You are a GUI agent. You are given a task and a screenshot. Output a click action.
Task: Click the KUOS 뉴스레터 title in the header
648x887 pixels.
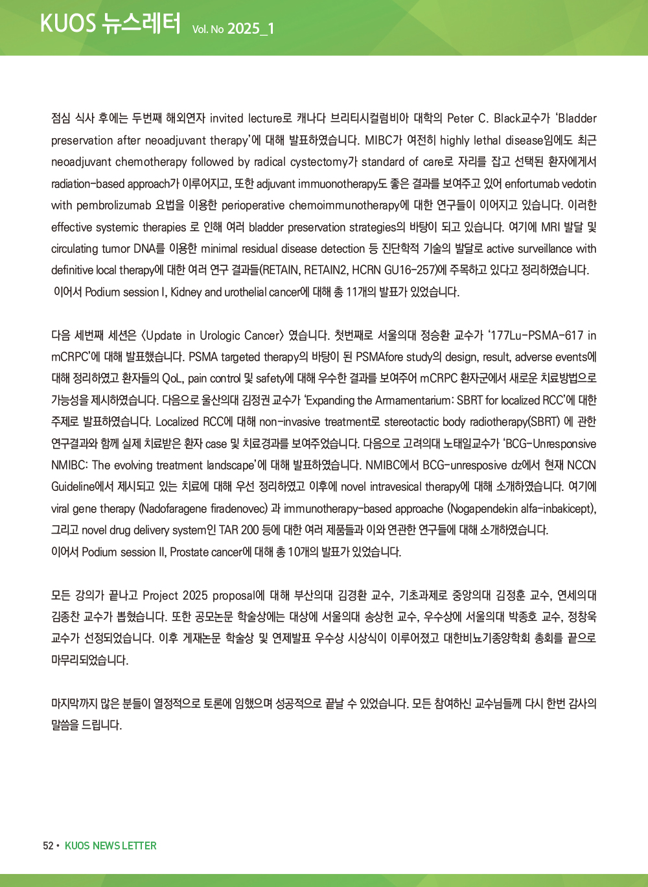(x=110, y=23)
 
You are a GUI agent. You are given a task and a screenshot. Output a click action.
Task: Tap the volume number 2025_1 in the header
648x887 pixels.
(x=251, y=29)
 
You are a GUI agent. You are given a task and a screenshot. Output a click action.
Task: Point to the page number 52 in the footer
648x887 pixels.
(x=48, y=846)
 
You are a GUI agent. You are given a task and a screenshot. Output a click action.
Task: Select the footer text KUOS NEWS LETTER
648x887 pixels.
(x=111, y=846)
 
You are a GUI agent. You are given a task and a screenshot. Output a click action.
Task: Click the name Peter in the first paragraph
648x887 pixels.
(x=460, y=119)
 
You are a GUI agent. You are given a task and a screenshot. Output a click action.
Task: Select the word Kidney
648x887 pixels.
(x=186, y=292)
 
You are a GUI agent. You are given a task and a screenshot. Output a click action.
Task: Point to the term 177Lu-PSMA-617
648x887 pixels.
(x=537, y=336)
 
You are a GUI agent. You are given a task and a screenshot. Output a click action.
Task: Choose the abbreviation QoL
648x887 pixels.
(x=172, y=379)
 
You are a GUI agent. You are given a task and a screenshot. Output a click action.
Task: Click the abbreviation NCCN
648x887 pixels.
(x=581, y=466)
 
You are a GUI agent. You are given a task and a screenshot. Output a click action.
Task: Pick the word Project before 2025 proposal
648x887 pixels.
(x=161, y=595)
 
